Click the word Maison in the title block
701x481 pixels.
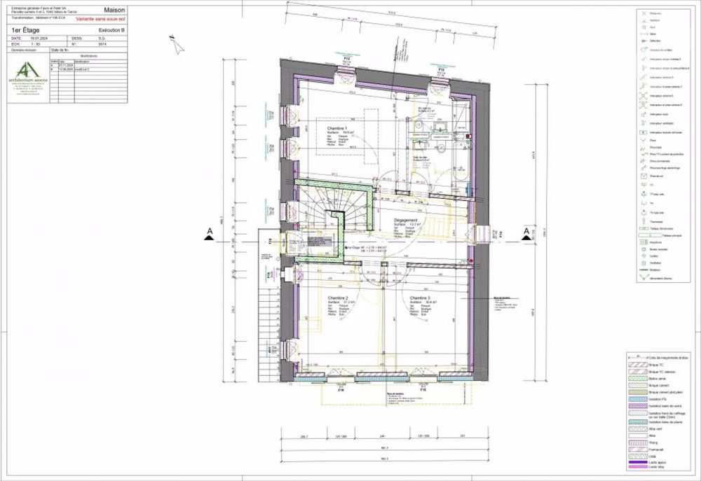click(x=114, y=11)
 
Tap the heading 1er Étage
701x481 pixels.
click(x=26, y=31)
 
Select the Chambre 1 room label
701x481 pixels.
click(x=327, y=129)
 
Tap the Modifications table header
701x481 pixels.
click(x=89, y=55)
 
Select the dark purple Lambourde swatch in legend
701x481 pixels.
click(x=635, y=463)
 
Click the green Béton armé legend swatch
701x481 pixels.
click(x=635, y=378)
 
